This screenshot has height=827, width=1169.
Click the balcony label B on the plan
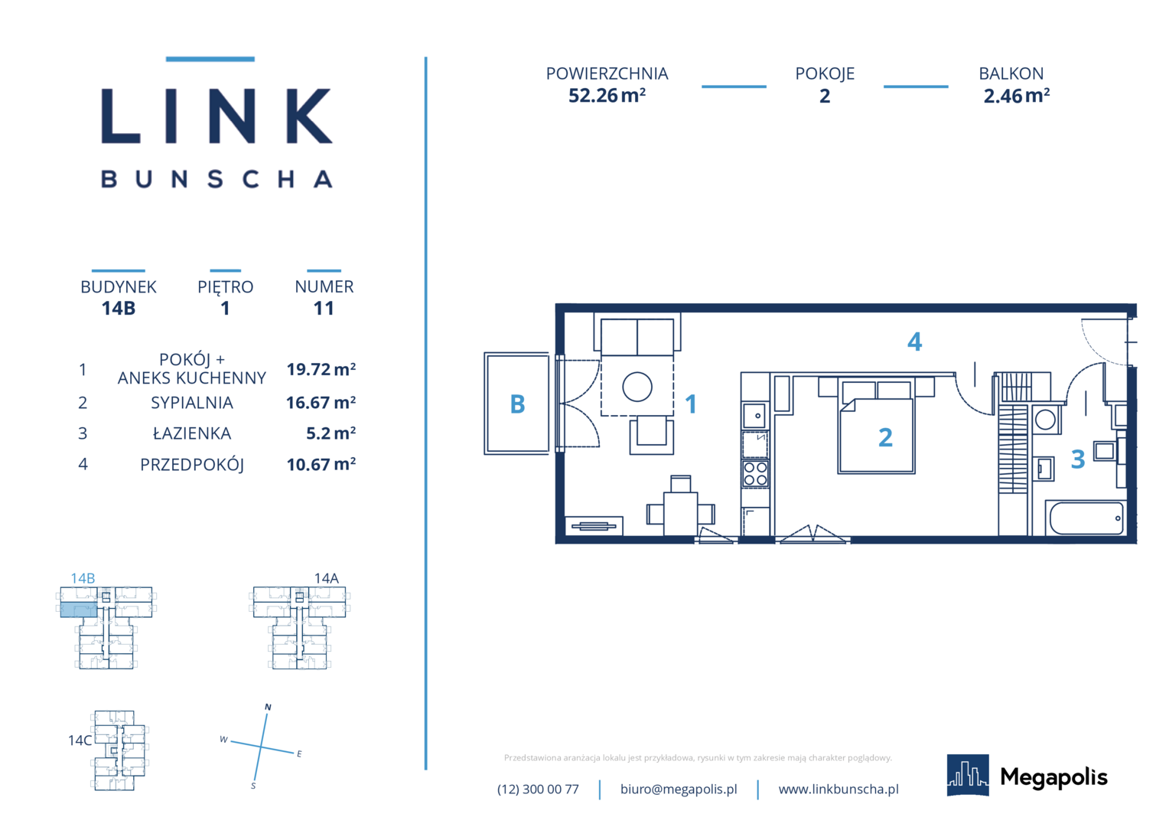pyautogui.click(x=517, y=404)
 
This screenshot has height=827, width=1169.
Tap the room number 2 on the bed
pyautogui.click(x=885, y=437)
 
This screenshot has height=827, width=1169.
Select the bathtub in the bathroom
pyautogui.click(x=1086, y=518)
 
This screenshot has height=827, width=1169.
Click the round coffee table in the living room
pyautogui.click(x=637, y=387)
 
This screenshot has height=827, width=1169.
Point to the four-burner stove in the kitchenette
pyautogui.click(x=755, y=474)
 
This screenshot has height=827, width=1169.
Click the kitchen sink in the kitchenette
pyautogui.click(x=754, y=415)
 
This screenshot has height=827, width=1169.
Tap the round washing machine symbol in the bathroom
pyautogui.click(x=1045, y=420)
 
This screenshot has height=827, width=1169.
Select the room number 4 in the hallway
pyautogui.click(x=914, y=342)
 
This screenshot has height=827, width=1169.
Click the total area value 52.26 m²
pyautogui.click(x=607, y=96)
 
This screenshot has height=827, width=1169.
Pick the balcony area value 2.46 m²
pyautogui.click(x=1017, y=96)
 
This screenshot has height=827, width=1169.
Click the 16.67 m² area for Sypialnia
pyautogui.click(x=321, y=403)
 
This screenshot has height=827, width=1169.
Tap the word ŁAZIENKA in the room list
pyautogui.click(x=192, y=433)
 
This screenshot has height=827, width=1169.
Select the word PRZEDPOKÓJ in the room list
pyautogui.click(x=192, y=465)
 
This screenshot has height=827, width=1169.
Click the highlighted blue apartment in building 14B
pyautogui.click(x=79, y=610)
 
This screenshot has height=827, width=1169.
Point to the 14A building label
pyautogui.click(x=327, y=578)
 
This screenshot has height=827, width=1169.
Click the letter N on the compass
pyautogui.click(x=269, y=707)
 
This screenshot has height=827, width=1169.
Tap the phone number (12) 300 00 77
pyautogui.click(x=538, y=789)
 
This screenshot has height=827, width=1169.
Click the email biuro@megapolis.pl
pyautogui.click(x=679, y=789)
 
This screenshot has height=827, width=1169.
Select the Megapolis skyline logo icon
pyautogui.click(x=968, y=775)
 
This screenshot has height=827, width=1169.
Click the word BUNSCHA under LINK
pyautogui.click(x=217, y=178)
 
